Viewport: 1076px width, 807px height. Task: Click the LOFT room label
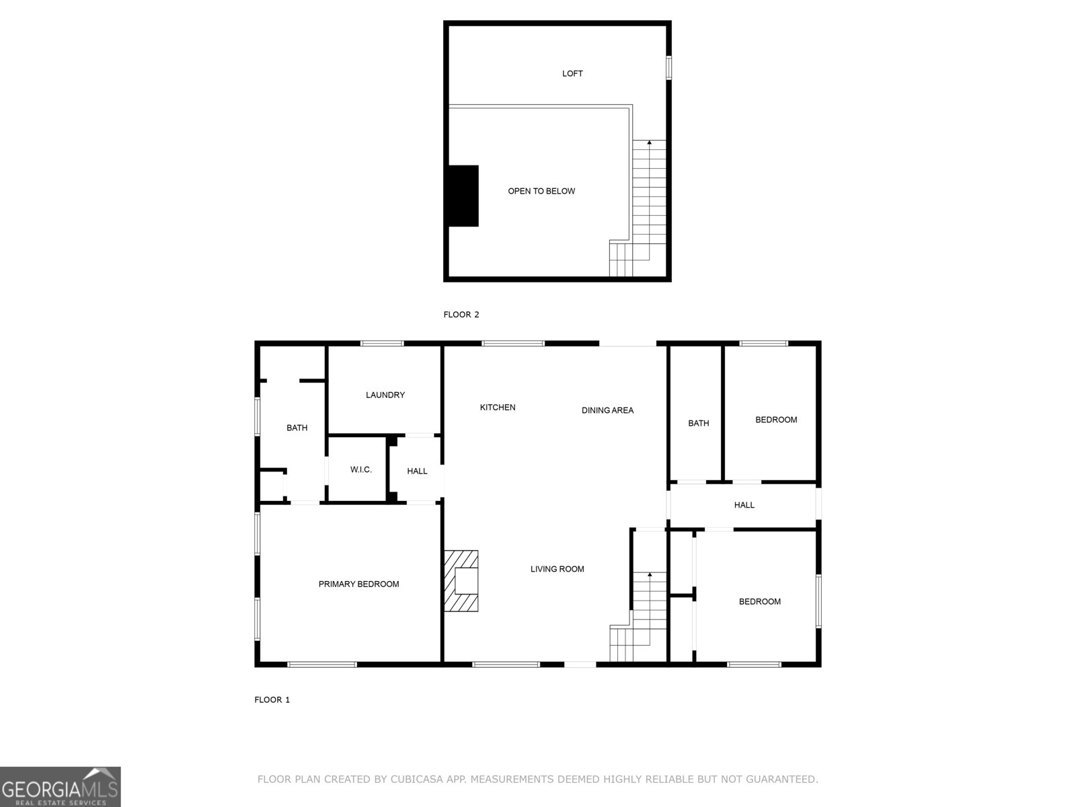[x=572, y=73]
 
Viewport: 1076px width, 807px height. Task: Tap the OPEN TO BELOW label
[x=541, y=191]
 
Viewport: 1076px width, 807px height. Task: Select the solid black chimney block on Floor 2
[x=463, y=196]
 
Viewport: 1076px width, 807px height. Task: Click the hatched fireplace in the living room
[x=461, y=581]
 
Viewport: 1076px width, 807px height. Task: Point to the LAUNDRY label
[x=385, y=395]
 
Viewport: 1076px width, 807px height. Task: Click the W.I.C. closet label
[x=361, y=469]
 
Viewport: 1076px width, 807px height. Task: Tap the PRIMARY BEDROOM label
[x=358, y=584]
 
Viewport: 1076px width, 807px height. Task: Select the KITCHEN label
[x=498, y=407]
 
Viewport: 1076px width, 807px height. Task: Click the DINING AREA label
[x=607, y=410]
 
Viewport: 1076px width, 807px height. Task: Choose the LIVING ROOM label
[x=557, y=569]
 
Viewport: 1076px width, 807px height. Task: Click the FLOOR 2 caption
[x=461, y=314]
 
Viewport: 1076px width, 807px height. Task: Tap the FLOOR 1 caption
[x=272, y=699]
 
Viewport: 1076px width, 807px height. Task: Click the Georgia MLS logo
[x=61, y=787]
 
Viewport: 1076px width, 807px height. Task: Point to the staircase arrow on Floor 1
[x=650, y=575]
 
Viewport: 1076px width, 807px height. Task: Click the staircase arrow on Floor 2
[x=650, y=143]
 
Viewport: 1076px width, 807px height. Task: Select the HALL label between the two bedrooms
[x=744, y=505]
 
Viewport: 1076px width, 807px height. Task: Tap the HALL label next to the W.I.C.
[x=417, y=471]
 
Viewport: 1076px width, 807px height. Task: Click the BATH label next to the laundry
[x=297, y=428]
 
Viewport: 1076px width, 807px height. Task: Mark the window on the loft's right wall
[x=668, y=68]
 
